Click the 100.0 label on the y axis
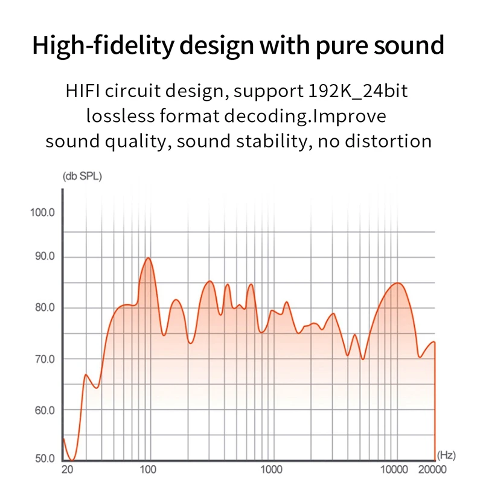coord(42,213)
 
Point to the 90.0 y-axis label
coord(43,257)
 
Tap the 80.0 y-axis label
coord(43,308)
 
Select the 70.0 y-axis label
coord(43,359)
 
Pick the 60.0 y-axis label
coord(43,411)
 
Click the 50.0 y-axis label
coord(43,458)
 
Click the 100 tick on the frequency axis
coord(148,470)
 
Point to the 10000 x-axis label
coord(395,470)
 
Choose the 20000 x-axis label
coord(432,470)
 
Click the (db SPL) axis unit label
coord(82,177)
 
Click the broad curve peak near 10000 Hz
coord(397,283)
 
